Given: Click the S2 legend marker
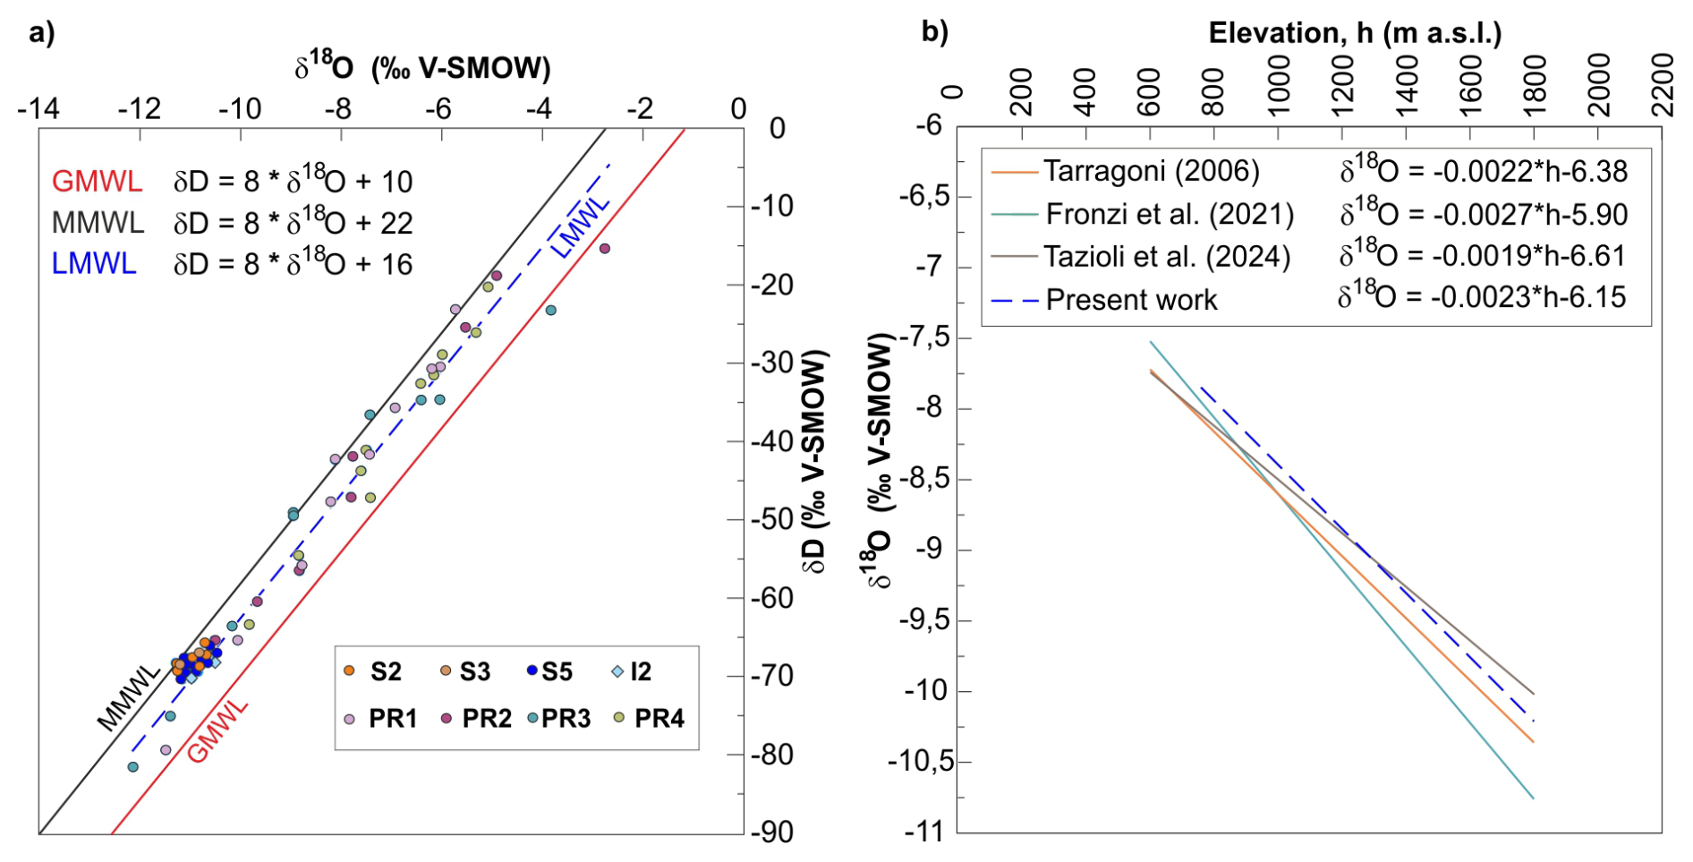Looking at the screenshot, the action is coord(350,670).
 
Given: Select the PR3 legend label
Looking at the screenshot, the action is coord(566,718).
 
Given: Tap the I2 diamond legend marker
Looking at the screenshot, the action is coord(617,671).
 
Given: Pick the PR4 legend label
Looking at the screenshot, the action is coord(659,718).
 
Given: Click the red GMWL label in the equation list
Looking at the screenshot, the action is coord(97,182).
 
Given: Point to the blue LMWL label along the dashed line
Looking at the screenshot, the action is coord(580,227).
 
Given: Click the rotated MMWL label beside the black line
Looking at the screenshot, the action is coord(128,698).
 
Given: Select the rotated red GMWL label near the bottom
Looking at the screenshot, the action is coord(217,731).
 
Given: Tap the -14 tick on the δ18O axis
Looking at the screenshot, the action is coord(38,109).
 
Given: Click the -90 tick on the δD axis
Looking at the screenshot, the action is coord(771,832).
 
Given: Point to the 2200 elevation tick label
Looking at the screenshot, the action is coord(1663,85).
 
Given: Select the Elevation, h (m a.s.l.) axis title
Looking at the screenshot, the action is coord(1355,33).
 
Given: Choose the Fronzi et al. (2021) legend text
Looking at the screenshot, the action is coord(1170,214).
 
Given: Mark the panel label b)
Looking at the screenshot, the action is coord(935,32).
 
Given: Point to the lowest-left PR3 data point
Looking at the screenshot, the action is coord(133,767).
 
